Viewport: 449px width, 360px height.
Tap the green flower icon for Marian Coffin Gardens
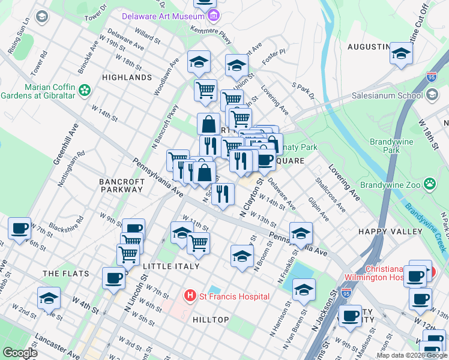[x=85, y=90]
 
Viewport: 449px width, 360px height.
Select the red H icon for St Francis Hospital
[x=190, y=296]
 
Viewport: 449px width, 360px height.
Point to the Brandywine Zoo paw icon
[x=430, y=184]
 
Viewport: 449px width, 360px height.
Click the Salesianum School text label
[x=393, y=95]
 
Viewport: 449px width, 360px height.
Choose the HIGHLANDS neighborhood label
[x=127, y=77]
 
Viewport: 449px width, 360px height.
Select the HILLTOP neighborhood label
[x=211, y=320]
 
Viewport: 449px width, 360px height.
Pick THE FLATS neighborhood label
[x=65, y=274]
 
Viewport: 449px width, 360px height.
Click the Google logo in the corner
[x=20, y=353]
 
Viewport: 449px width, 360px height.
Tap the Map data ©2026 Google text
[x=411, y=355]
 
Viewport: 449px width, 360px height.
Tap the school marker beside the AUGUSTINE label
[x=401, y=52]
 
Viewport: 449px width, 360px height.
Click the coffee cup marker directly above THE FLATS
[x=20, y=228]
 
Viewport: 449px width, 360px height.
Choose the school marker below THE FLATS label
[x=49, y=298]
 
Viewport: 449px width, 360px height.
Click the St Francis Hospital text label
[x=235, y=296]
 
